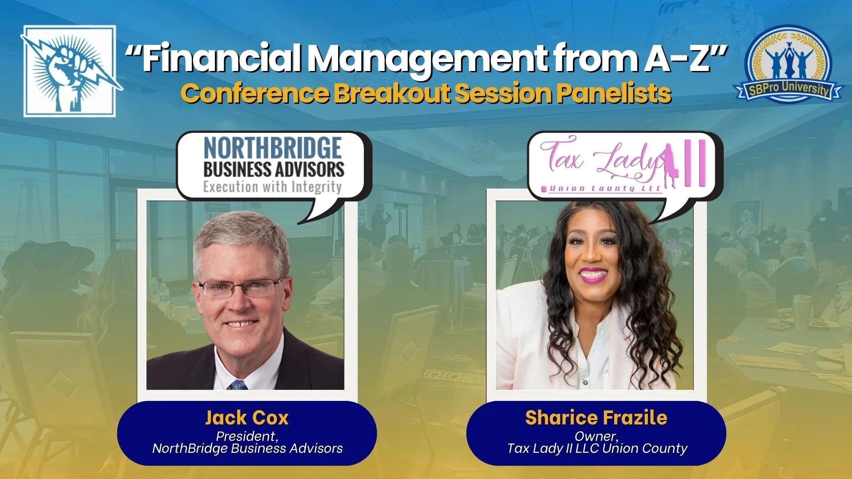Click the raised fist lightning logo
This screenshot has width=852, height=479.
coord(70,71)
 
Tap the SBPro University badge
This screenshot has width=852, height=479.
coord(788,64)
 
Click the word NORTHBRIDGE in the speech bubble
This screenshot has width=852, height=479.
coord(272,149)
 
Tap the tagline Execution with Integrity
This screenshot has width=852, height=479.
coord(272,187)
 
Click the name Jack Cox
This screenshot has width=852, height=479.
coord(247,418)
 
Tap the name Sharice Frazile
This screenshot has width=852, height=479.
coord(596,418)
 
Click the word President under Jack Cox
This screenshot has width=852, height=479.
coord(247,436)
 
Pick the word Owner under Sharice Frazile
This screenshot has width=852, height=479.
coord(596,436)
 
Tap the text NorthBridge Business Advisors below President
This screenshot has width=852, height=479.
coord(247,448)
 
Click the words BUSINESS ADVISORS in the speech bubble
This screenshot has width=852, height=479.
coord(274,169)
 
